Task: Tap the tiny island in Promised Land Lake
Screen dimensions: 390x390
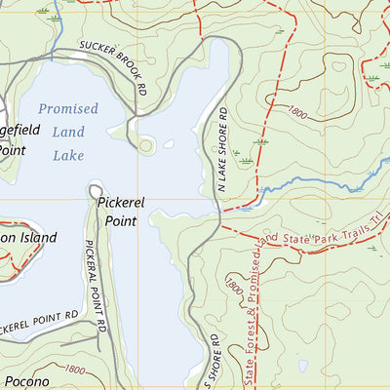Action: (x=169, y=144)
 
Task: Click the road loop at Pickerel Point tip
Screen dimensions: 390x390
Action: (x=97, y=190)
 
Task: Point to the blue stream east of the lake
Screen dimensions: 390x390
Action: (x=312, y=182)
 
